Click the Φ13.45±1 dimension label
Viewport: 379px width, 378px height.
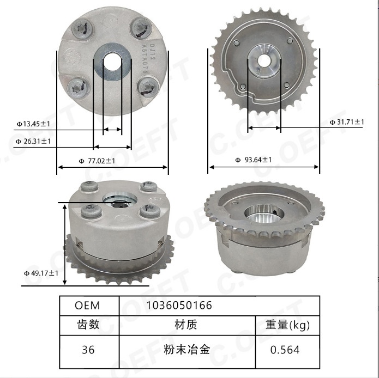click(33, 124)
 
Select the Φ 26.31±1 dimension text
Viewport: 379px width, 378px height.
click(33, 141)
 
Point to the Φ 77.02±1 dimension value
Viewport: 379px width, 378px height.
click(97, 161)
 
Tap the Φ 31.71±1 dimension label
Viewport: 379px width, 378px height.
click(347, 122)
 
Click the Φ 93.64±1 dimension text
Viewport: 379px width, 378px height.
click(254, 160)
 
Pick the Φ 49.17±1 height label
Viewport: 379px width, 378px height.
click(41, 273)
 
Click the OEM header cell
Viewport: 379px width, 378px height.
click(87, 306)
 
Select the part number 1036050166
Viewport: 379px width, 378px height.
click(179, 306)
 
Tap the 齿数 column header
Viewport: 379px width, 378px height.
click(88, 325)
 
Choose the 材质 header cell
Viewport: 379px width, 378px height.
click(186, 325)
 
